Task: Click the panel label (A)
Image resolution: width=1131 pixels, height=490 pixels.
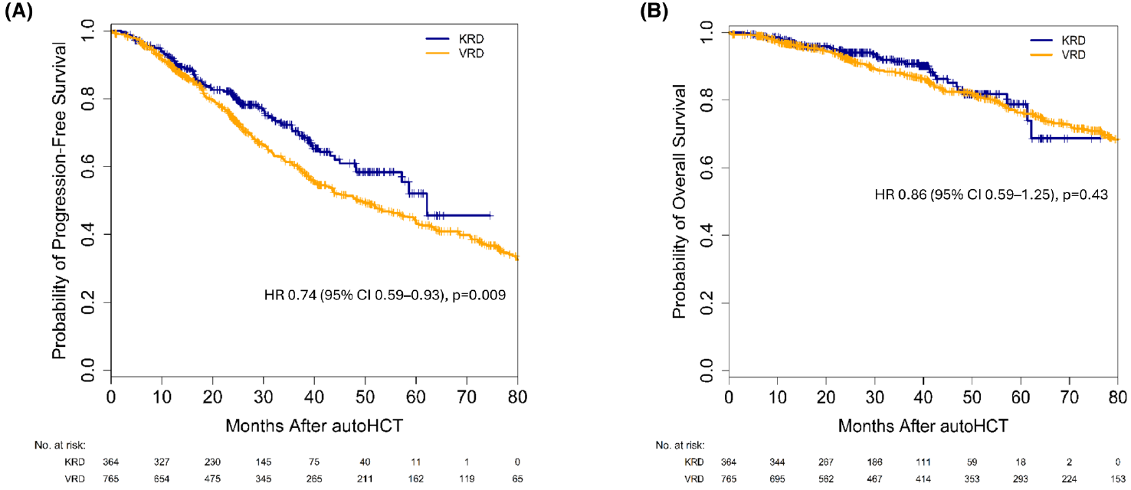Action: [x=18, y=11]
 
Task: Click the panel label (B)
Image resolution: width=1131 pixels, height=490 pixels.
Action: [x=654, y=11]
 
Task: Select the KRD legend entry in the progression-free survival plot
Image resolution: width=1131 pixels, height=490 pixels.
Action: [x=454, y=39]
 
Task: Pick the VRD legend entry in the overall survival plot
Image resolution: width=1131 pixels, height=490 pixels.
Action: [x=1057, y=54]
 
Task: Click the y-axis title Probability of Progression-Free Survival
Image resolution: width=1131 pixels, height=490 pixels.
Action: [x=59, y=201]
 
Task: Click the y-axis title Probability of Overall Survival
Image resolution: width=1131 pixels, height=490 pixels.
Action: [x=679, y=201]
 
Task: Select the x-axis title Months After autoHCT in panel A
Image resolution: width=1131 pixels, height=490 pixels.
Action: [x=314, y=426]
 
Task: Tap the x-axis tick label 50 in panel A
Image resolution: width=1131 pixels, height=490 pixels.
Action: [x=365, y=397]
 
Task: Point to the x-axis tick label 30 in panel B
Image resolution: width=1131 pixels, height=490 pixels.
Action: [x=874, y=397]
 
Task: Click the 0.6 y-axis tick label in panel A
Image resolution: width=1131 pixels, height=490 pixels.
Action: [x=88, y=167]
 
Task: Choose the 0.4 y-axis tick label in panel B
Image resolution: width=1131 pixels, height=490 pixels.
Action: [x=706, y=235]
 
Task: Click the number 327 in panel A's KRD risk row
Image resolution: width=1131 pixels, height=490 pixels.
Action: [x=162, y=462]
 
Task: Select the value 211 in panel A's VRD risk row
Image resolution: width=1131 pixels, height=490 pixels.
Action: [x=365, y=479]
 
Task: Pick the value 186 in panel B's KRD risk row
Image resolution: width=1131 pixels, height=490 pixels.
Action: [x=874, y=462]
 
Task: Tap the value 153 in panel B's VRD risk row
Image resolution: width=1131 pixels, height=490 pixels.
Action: [x=1117, y=479]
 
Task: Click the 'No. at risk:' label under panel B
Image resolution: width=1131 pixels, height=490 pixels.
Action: [x=680, y=445]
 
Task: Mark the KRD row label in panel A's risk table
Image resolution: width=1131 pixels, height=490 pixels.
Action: [x=74, y=462]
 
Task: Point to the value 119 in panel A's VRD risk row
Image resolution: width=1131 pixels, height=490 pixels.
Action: [x=467, y=479]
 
